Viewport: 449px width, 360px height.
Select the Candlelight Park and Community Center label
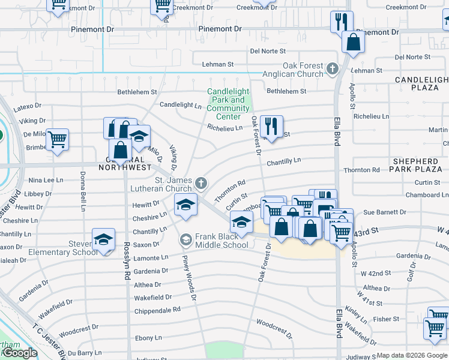[228, 100]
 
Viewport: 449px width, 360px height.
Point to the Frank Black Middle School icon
[185, 240]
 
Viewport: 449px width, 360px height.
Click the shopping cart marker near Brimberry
[57, 139]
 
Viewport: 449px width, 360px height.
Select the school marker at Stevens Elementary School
[103, 239]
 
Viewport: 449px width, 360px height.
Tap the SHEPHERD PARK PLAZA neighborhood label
[416, 166]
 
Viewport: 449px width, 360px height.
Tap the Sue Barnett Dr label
[385, 212]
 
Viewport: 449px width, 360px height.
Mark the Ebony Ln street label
[149, 338]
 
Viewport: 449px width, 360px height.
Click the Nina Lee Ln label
[46, 180]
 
